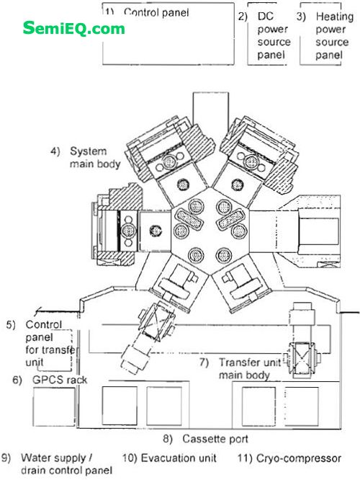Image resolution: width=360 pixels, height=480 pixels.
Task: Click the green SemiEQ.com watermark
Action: point(73,29)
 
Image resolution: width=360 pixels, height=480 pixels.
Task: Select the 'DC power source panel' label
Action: point(274,35)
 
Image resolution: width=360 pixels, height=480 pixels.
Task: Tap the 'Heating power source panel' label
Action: point(334,35)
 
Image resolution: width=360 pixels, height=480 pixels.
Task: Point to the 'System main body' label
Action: point(95,157)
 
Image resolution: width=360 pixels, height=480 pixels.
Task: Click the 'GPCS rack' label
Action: point(60,380)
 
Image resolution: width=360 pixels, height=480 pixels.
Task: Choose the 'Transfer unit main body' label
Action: point(250,368)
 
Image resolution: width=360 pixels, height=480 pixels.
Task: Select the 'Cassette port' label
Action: point(215,439)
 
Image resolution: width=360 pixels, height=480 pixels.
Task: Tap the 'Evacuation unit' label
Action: point(179,458)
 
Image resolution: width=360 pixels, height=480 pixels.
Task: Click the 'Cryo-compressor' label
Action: point(299,458)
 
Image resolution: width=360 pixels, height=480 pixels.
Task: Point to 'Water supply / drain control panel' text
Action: point(66,463)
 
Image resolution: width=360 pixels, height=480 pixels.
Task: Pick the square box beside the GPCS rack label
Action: point(54,406)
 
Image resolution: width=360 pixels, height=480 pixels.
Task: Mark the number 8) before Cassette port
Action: point(168,439)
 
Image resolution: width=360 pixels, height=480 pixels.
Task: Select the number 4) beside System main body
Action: point(55,151)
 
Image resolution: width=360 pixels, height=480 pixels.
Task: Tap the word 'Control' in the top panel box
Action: point(139,12)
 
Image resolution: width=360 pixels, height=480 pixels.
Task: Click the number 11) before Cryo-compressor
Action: point(245,458)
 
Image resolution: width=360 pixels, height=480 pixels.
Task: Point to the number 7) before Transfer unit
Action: point(204,363)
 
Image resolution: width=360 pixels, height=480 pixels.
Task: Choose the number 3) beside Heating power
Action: point(301,17)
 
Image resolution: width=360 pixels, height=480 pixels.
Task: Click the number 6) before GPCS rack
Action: point(17,380)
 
